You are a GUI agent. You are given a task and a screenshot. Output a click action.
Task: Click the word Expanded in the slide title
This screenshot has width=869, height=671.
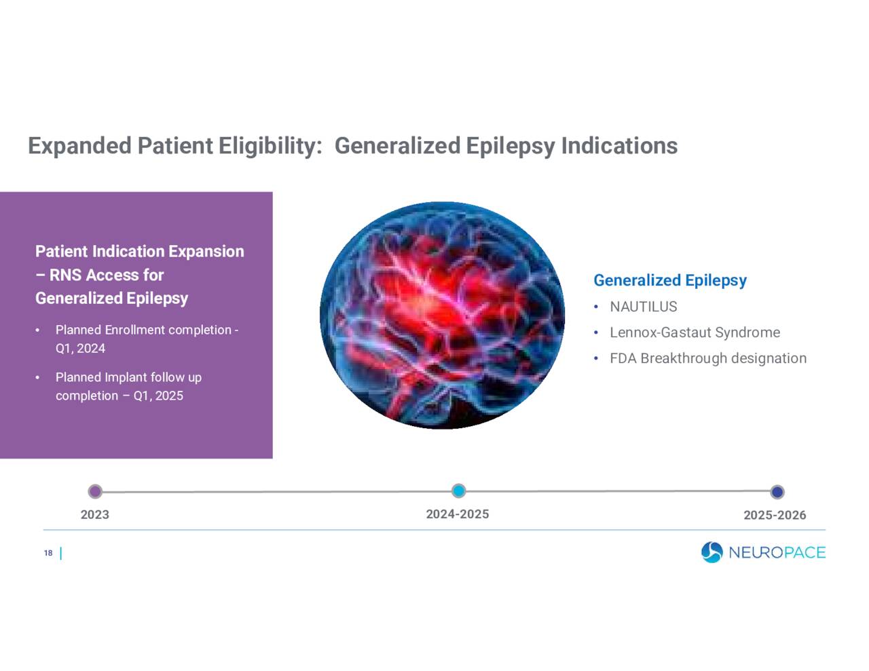point(79,146)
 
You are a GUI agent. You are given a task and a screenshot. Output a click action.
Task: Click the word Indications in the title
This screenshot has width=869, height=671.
point(618,146)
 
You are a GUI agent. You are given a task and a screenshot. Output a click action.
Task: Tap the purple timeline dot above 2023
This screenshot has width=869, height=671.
point(95,491)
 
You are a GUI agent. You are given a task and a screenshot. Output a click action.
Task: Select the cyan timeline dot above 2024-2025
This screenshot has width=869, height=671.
point(458,491)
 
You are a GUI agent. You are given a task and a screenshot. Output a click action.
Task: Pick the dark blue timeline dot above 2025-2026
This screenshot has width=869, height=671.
point(777,492)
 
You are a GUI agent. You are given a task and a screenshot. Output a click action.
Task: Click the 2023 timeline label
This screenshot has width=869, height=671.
point(94,514)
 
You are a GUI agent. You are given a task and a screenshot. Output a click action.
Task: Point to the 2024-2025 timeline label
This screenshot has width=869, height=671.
point(457,514)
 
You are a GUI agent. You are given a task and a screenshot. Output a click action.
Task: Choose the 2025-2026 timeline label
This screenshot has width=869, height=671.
point(774,515)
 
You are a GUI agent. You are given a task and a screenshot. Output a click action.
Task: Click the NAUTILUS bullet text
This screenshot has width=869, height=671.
point(643,307)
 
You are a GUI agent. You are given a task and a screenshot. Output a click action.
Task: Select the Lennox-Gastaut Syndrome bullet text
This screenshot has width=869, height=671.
point(694,332)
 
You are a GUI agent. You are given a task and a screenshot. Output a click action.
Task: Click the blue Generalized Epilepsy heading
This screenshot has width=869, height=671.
point(669,280)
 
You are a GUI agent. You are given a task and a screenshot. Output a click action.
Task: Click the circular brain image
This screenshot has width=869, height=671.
point(442,315)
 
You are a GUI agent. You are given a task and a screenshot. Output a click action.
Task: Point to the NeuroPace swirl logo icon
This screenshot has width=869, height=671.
point(711,552)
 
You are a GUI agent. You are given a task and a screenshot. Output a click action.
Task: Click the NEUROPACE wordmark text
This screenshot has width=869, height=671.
point(777,553)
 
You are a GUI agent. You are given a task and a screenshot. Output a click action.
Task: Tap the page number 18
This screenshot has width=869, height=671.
point(48,554)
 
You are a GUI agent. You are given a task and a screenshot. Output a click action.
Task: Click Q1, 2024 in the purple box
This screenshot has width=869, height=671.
point(80,349)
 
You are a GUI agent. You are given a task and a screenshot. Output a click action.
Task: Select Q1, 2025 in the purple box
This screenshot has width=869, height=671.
point(158,396)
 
